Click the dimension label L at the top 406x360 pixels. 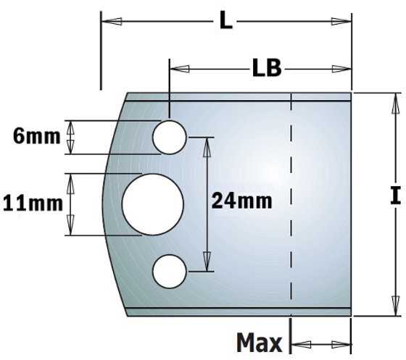tap(225, 21)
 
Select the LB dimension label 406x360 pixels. tap(267, 68)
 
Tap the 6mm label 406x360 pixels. tap(36, 137)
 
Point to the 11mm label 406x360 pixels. tap(33, 204)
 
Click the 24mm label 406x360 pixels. tap(241, 201)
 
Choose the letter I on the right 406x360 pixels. tap(395, 195)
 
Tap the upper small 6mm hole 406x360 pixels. tap(170, 138)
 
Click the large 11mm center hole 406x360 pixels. tap(153, 204)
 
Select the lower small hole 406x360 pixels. tap(170, 272)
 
